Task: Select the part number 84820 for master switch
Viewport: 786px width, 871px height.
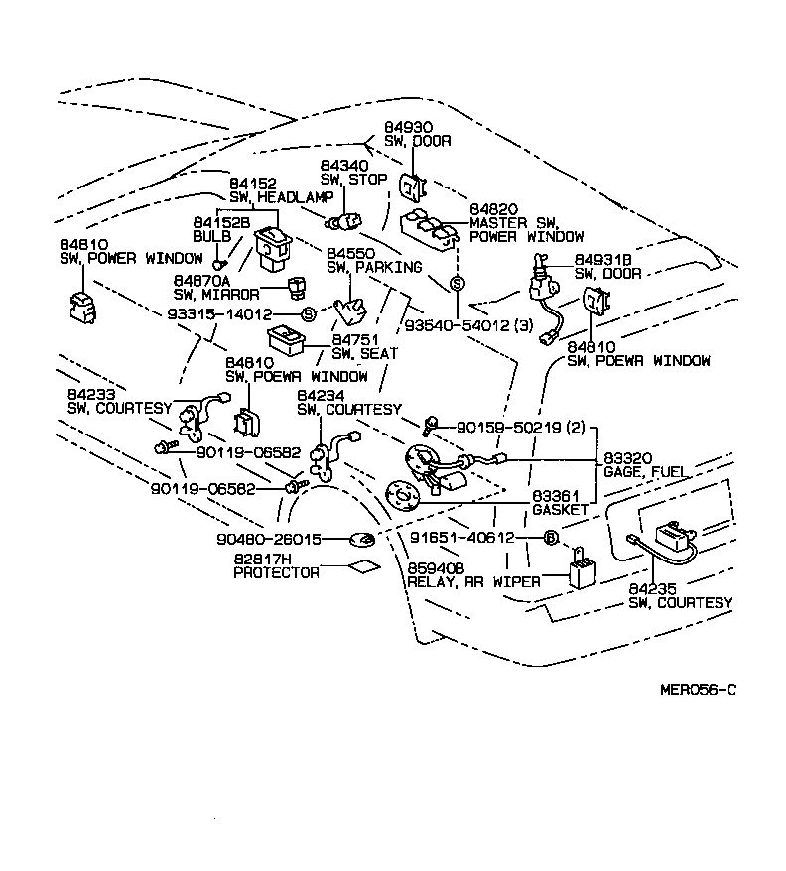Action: click(x=493, y=210)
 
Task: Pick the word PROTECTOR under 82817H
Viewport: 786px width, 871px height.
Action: click(x=276, y=572)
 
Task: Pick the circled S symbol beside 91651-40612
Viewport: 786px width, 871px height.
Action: click(x=548, y=538)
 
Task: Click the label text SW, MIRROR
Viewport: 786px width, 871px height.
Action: click(x=216, y=294)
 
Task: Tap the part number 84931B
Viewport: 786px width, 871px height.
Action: click(x=601, y=259)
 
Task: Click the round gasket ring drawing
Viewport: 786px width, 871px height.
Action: click(x=402, y=494)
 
